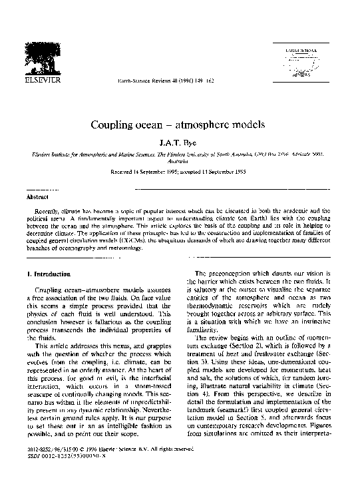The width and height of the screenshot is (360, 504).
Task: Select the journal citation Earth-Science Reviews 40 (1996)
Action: coord(150,81)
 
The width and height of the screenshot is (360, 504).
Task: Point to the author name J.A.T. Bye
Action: coord(179,142)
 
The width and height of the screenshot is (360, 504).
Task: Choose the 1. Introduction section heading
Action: coord(50,274)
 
